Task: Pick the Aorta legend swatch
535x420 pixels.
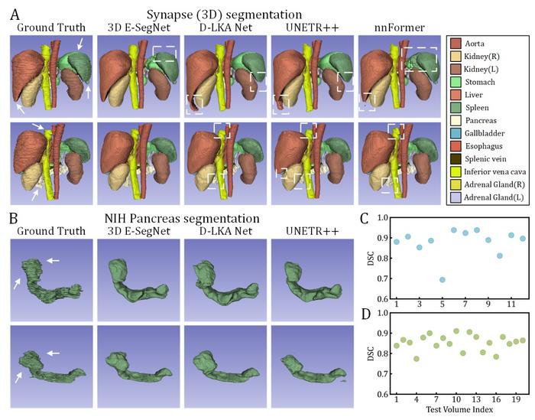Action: click(459, 44)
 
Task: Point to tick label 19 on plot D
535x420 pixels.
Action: click(517, 399)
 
